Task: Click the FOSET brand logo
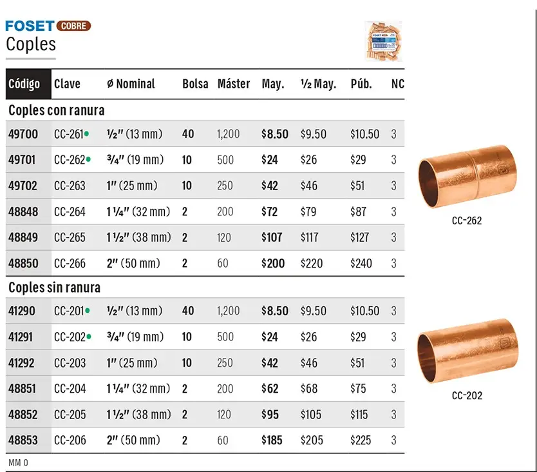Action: pyautogui.click(x=30, y=26)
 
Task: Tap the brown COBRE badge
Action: pyautogui.click(x=73, y=26)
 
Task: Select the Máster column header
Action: pyautogui.click(x=234, y=84)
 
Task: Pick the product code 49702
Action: pyautogui.click(x=23, y=186)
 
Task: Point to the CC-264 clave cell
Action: pyautogui.click(x=70, y=211)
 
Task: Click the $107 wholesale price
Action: pyautogui.click(x=272, y=237)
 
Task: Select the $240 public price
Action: pyautogui.click(x=361, y=264)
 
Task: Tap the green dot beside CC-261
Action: pyautogui.click(x=87, y=133)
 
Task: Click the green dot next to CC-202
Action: pyautogui.click(x=89, y=337)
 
